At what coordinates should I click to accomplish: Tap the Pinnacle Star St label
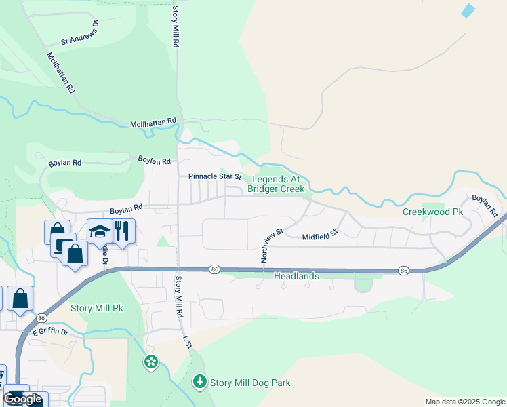(x=215, y=176)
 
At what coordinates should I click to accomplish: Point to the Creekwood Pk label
(x=432, y=212)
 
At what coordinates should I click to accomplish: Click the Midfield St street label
(x=320, y=237)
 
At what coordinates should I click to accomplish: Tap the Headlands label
(x=296, y=277)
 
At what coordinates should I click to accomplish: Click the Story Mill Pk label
(x=97, y=308)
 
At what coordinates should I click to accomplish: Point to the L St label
(x=188, y=343)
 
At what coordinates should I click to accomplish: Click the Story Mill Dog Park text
(x=250, y=383)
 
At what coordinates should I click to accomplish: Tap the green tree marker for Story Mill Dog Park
(x=199, y=383)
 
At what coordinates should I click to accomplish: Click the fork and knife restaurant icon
(x=122, y=230)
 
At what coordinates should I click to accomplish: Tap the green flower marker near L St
(x=150, y=362)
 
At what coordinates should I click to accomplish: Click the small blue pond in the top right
(x=468, y=11)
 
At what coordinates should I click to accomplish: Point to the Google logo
(x=22, y=399)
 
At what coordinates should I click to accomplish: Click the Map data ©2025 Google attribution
(x=465, y=402)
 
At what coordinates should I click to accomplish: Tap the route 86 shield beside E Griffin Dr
(x=41, y=317)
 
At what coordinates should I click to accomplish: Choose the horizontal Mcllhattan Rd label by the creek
(x=153, y=123)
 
